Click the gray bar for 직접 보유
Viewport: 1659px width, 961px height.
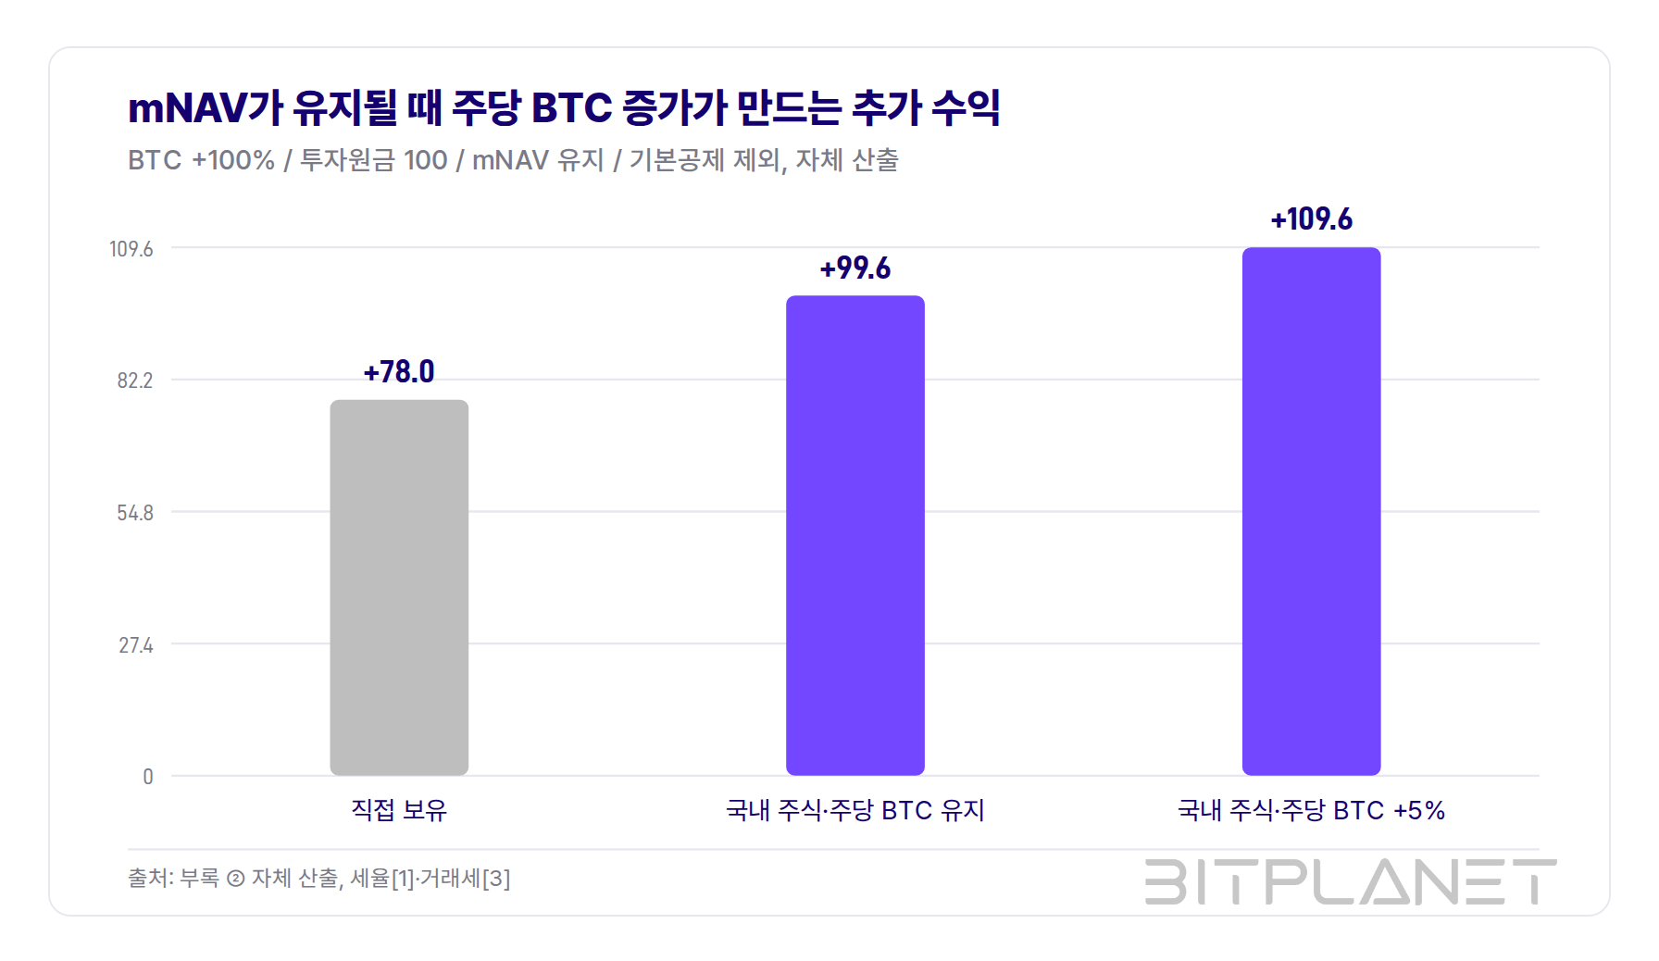(x=399, y=587)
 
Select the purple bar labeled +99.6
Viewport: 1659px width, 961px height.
(x=855, y=535)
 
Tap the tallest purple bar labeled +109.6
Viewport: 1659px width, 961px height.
(x=1311, y=511)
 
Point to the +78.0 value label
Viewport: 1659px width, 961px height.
(x=399, y=372)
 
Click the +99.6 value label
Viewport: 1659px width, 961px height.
(x=855, y=268)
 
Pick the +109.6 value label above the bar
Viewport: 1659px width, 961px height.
(x=1311, y=219)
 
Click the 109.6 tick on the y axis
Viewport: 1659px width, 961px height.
(x=131, y=249)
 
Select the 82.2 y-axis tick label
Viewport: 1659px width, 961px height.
(x=135, y=381)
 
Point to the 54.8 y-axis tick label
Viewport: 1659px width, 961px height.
(x=135, y=513)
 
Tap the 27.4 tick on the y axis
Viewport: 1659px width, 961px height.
(x=136, y=645)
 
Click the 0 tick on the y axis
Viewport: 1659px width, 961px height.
(x=148, y=777)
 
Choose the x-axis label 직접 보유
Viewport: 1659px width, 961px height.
(x=399, y=810)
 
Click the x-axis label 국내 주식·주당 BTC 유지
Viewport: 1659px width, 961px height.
(x=855, y=810)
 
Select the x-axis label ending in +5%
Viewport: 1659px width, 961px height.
(x=1311, y=810)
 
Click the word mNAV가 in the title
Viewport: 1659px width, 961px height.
(x=206, y=107)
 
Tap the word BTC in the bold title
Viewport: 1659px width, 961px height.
(x=571, y=107)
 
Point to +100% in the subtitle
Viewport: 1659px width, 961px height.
(x=233, y=160)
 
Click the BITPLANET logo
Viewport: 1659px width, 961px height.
(x=1351, y=881)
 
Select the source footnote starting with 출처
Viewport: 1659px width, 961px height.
(x=319, y=878)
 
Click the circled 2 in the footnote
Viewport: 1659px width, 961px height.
(x=236, y=879)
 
